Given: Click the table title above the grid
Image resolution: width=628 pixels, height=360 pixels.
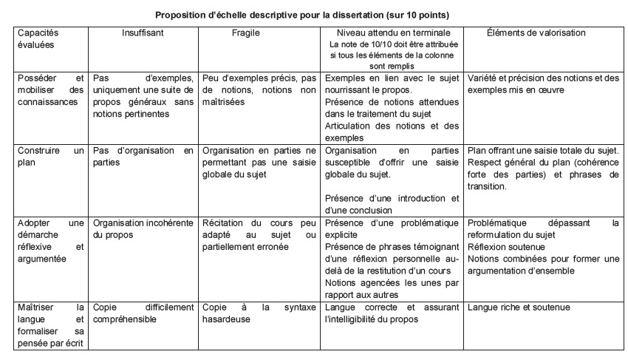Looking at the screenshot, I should coord(313,14).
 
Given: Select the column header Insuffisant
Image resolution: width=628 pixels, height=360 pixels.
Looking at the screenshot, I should coord(142,34).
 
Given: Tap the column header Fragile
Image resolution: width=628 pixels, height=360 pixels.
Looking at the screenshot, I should coord(245,34).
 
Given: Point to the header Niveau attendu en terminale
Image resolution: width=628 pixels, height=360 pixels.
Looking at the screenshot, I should coord(391,34).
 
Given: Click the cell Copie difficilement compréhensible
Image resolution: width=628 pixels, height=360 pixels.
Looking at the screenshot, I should coord(142,313).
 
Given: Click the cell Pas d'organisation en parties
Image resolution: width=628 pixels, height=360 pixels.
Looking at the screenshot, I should coord(142,155).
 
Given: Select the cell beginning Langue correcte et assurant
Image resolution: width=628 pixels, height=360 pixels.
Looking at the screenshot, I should coord(391,313).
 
